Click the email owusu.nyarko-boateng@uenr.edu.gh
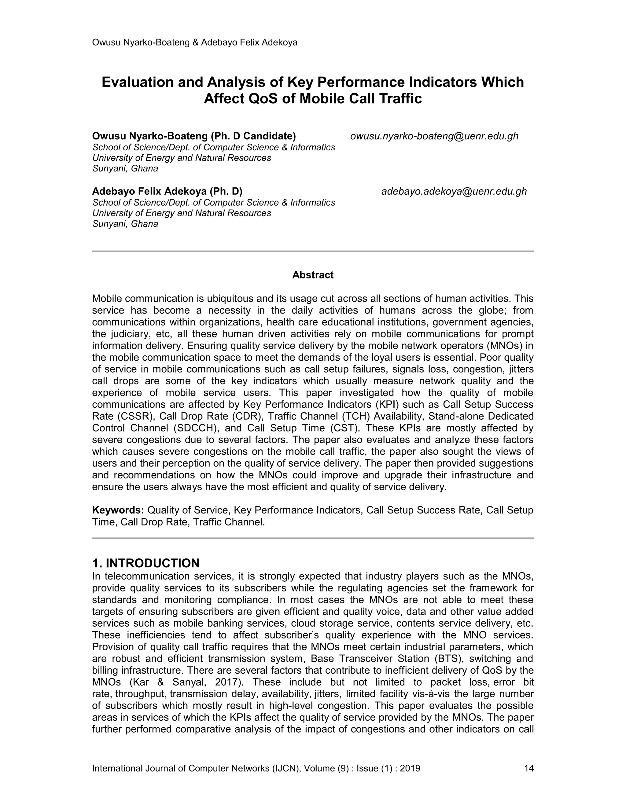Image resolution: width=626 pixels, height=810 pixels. click(434, 137)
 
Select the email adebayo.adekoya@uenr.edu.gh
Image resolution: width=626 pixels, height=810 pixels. click(454, 191)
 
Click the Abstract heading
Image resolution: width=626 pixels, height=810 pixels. click(313, 275)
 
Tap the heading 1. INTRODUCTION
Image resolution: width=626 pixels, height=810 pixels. click(146, 563)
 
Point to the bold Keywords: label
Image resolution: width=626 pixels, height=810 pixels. click(118, 510)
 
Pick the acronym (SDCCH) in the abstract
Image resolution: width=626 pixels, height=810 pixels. click(195, 428)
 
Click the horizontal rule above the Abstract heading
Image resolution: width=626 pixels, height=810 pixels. click(313, 252)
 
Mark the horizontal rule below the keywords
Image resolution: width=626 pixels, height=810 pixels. click(313, 538)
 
